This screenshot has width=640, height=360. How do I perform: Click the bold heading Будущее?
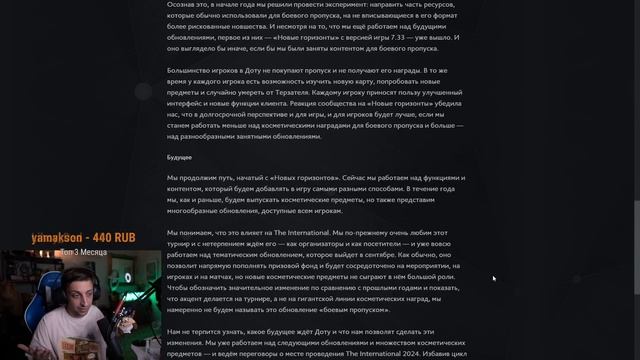point(179,157)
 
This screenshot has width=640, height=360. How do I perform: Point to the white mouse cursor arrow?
point(494,279)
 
